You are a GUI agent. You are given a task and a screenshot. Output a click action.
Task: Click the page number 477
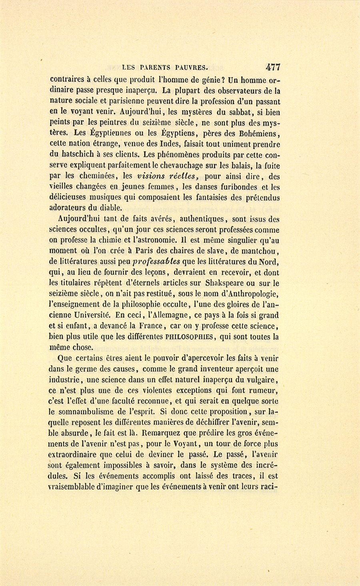tap(272, 67)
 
